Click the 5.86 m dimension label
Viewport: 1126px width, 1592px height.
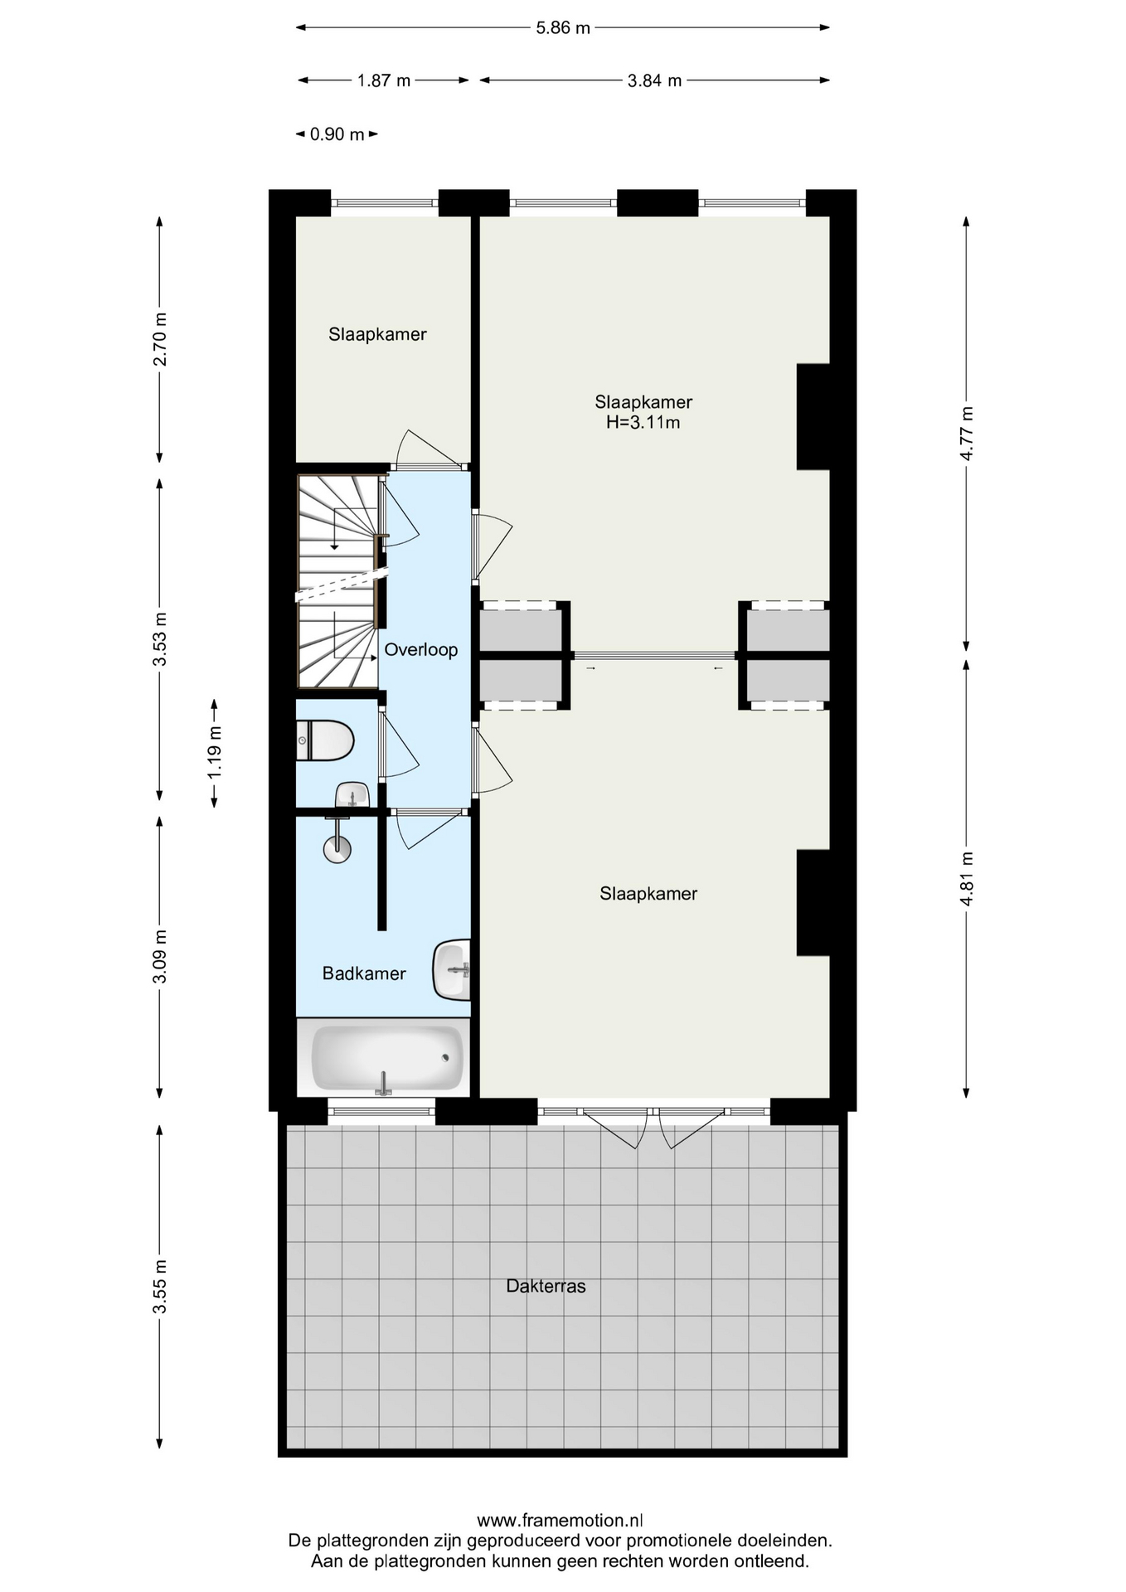[x=563, y=27]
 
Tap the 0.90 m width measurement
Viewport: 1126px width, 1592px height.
[x=337, y=134]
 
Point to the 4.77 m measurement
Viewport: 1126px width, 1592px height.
[x=967, y=434]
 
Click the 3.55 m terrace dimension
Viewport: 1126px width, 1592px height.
[x=160, y=1286]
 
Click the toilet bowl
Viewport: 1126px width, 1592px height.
[x=326, y=740]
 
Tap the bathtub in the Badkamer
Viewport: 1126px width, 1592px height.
[x=386, y=1058]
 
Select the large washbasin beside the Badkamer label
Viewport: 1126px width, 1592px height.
[x=452, y=969]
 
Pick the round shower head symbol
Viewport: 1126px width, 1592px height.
[x=337, y=848]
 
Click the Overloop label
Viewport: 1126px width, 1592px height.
[x=420, y=650]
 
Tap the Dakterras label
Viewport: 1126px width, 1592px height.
[x=546, y=1286]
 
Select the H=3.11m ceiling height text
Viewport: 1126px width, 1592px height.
[x=643, y=423]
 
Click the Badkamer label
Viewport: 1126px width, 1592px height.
[x=364, y=973]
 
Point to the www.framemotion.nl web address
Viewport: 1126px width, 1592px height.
[x=561, y=1521]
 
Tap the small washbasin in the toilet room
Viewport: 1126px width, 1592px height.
[x=352, y=794]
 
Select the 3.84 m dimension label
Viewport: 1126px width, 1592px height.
[x=654, y=80]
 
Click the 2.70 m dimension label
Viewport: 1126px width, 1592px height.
[x=160, y=339]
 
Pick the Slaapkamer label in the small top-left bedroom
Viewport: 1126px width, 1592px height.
[x=377, y=334]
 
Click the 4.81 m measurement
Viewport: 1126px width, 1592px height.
[x=967, y=879]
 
